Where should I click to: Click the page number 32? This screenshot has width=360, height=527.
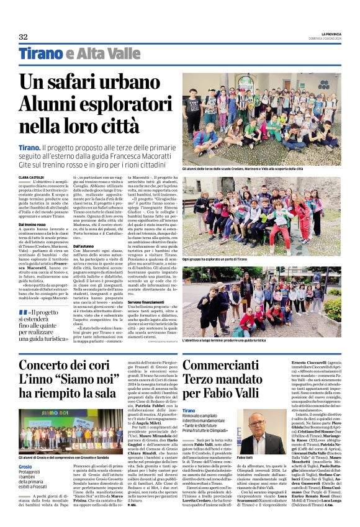click(x=23, y=37)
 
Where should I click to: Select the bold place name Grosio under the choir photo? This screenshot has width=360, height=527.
click(x=25, y=466)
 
